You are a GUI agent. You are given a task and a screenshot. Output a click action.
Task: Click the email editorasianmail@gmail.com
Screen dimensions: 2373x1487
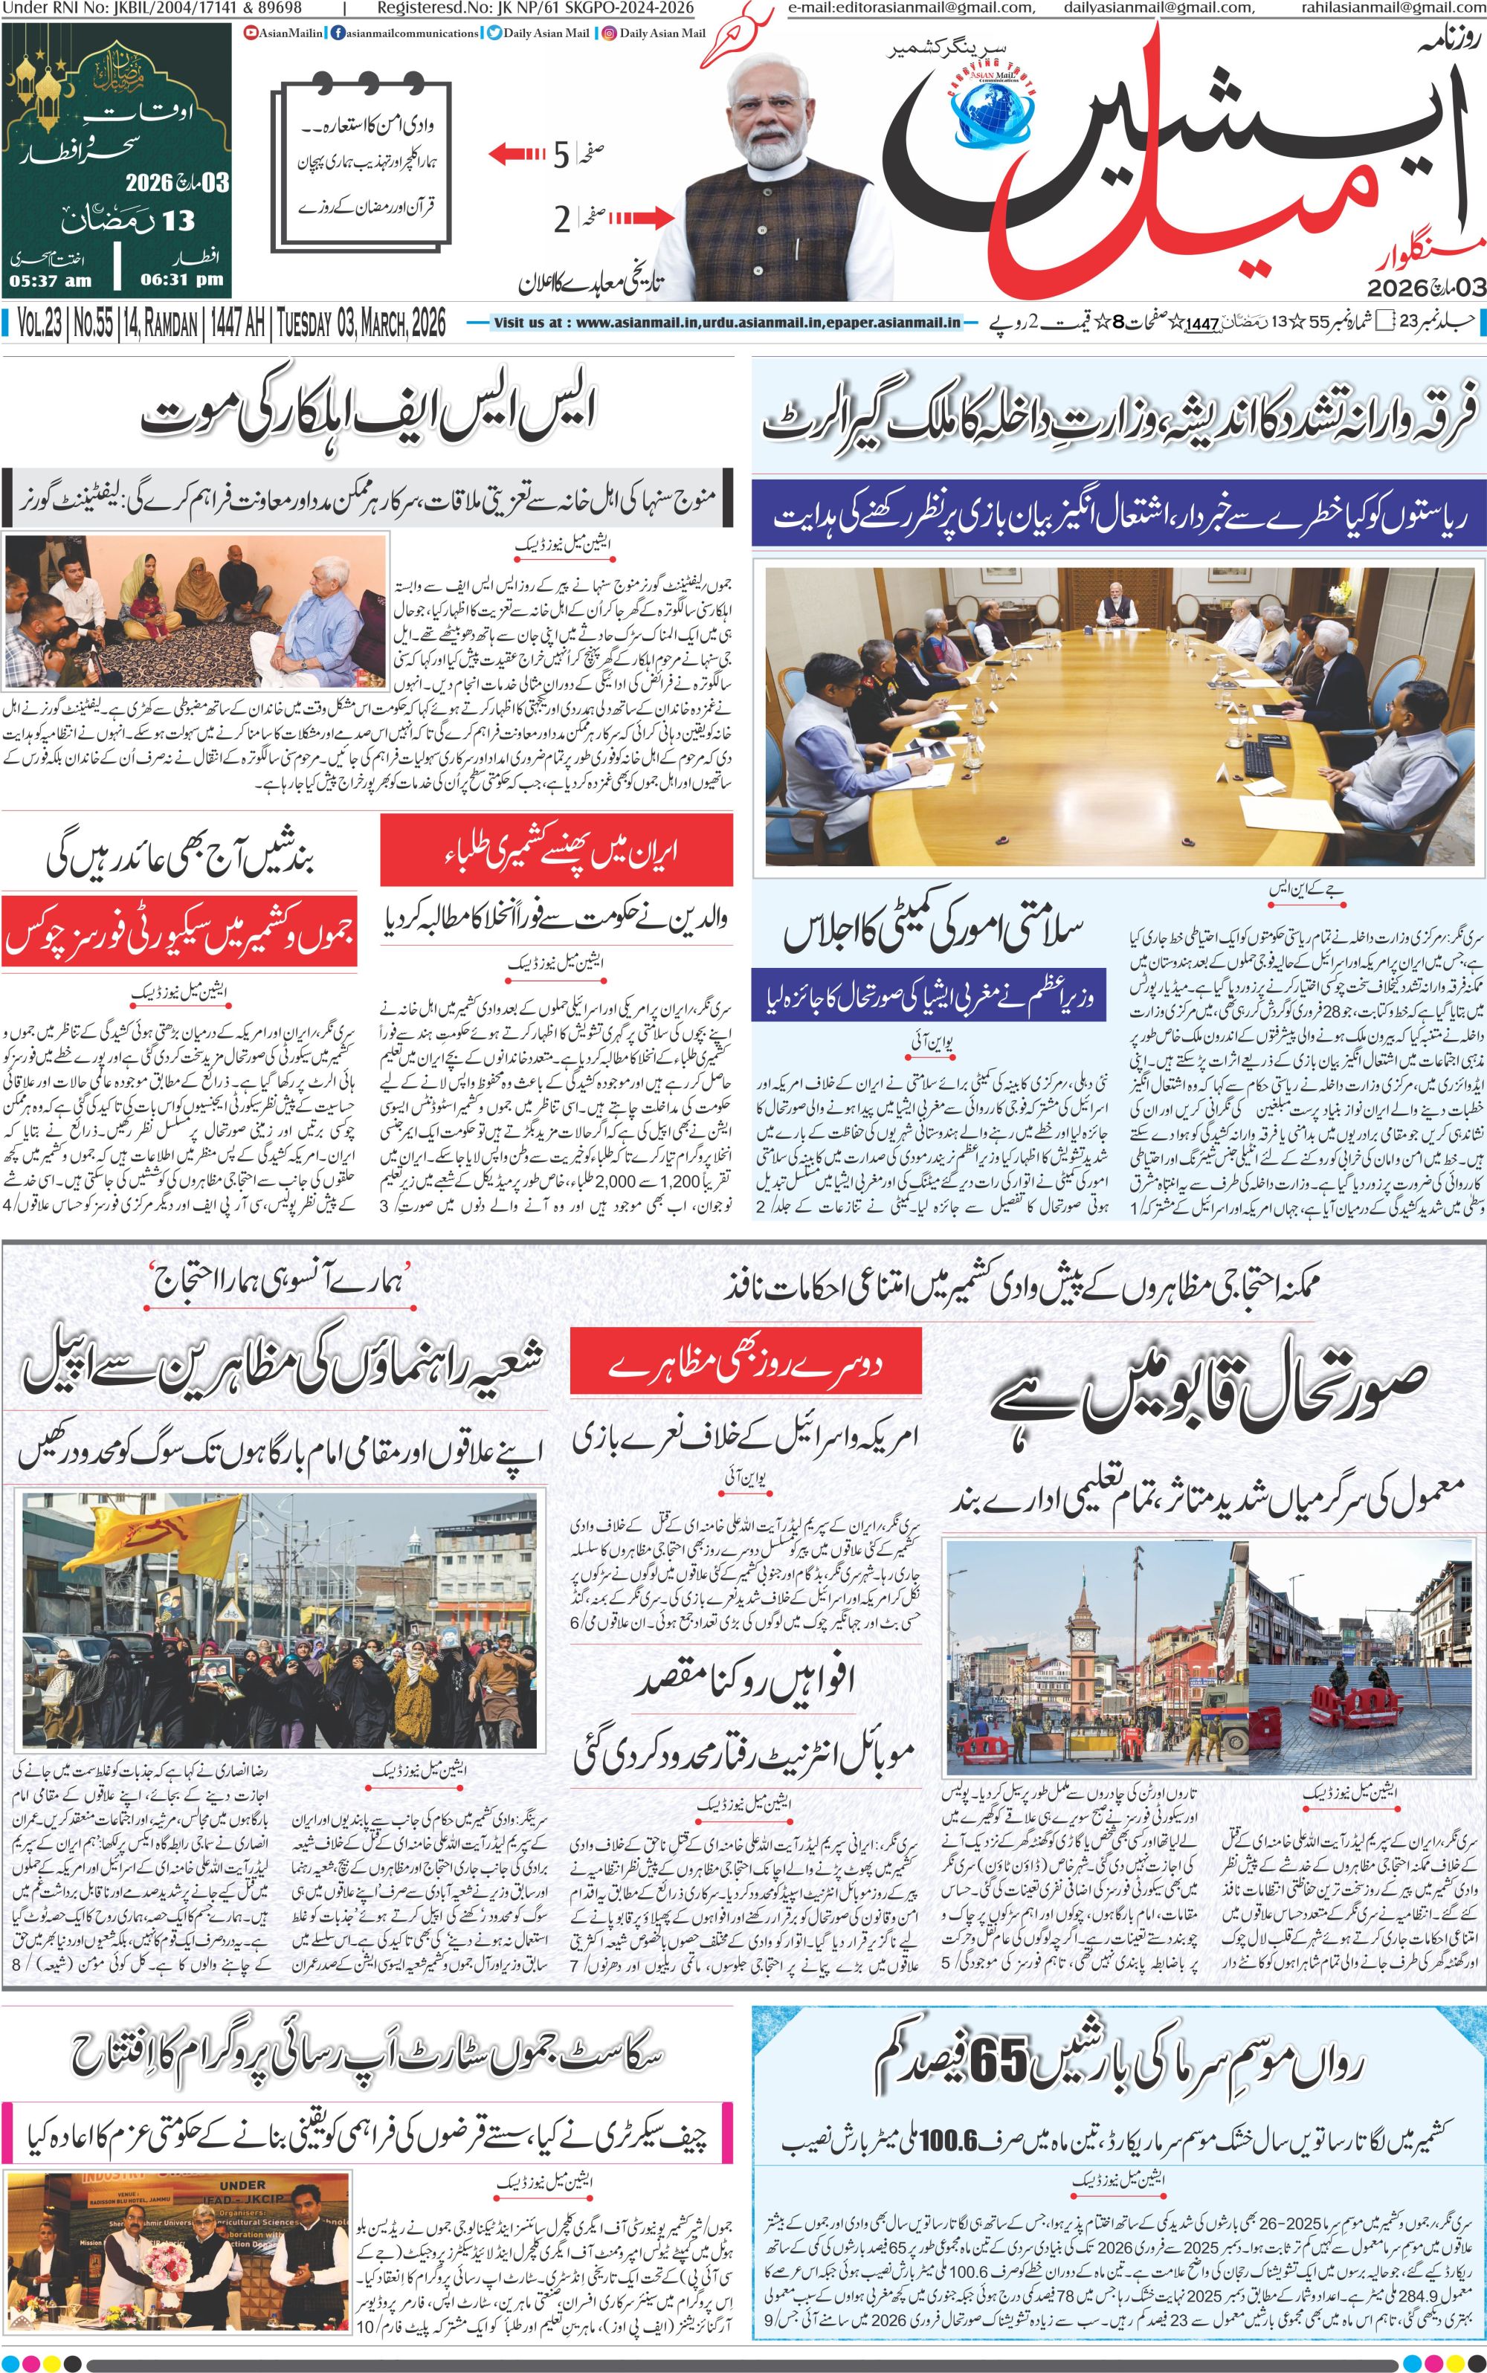pos(911,8)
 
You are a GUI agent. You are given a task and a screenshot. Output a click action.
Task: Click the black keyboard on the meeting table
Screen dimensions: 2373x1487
pos(1259,756)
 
